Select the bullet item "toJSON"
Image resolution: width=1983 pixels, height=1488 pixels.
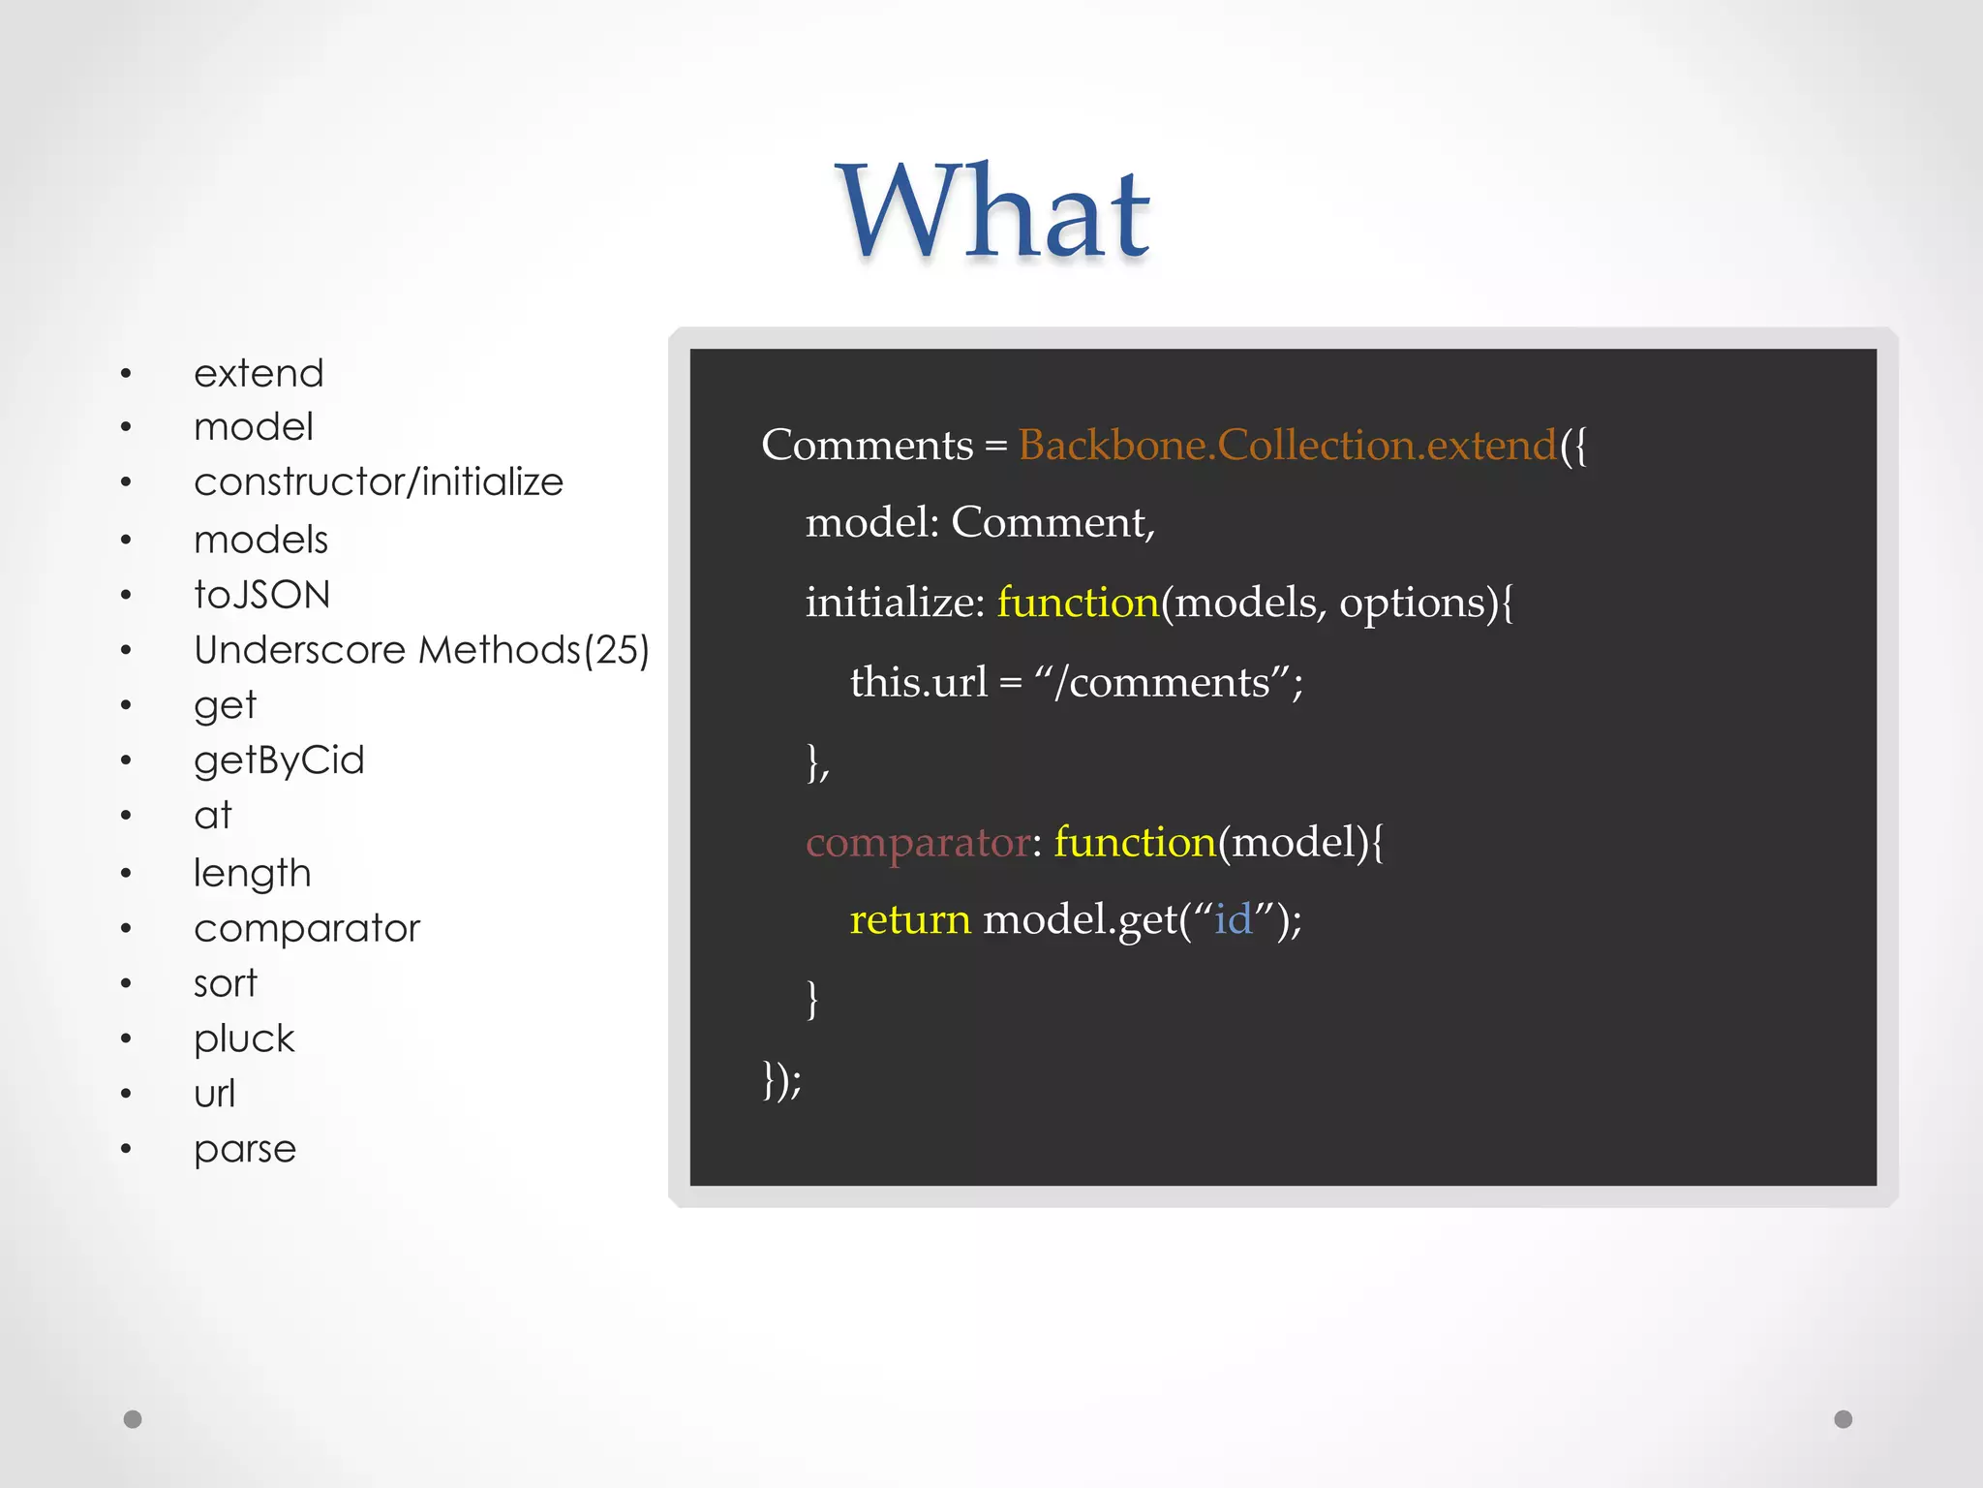pos(261,594)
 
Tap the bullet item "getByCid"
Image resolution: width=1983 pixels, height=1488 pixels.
pos(279,760)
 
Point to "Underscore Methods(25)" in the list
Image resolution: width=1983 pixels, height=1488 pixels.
pos(421,649)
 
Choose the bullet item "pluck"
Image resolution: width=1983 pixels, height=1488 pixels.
pos(244,1038)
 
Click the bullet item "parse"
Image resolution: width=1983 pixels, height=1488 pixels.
pos(245,1149)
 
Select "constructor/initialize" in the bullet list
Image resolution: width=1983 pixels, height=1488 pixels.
pos(379,481)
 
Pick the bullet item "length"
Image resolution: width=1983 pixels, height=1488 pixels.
pos(252,873)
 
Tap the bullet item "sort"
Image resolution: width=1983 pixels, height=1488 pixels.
pos(226,983)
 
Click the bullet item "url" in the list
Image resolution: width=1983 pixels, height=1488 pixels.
pos(214,1094)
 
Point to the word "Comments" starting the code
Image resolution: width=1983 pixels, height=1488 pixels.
pos(867,445)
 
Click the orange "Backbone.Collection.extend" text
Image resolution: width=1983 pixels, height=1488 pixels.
pos(1287,445)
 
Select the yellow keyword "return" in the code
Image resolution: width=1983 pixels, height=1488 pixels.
pos(909,918)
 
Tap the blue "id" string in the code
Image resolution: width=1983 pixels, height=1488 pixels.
pos(1233,918)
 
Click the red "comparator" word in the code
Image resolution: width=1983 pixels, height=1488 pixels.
pos(917,842)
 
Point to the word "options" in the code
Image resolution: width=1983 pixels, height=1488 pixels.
pos(1412,603)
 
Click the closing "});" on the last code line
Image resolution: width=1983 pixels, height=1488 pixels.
pos(781,1078)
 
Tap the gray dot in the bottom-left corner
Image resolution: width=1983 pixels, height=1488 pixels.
pos(133,1419)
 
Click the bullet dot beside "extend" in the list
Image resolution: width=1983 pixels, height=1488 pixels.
pos(126,374)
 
